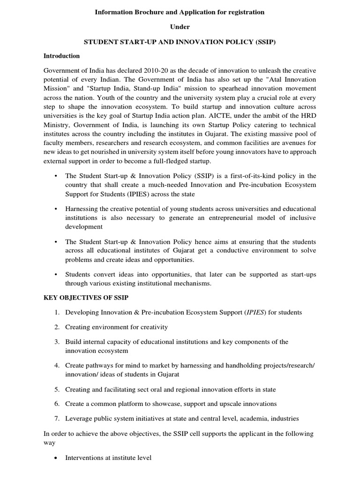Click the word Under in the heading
180,27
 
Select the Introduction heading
61,56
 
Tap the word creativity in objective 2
152,327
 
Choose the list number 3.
57,342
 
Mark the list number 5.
57,390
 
